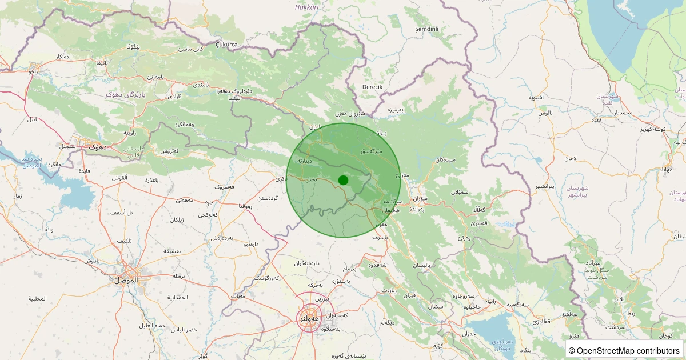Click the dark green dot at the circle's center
pos(343,180)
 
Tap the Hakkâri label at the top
pos(306,7)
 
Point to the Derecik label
pos(372,86)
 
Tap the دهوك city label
pos(98,147)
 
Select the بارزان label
pos(316,126)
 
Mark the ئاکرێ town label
pos(281,178)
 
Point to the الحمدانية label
pos(178,298)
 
